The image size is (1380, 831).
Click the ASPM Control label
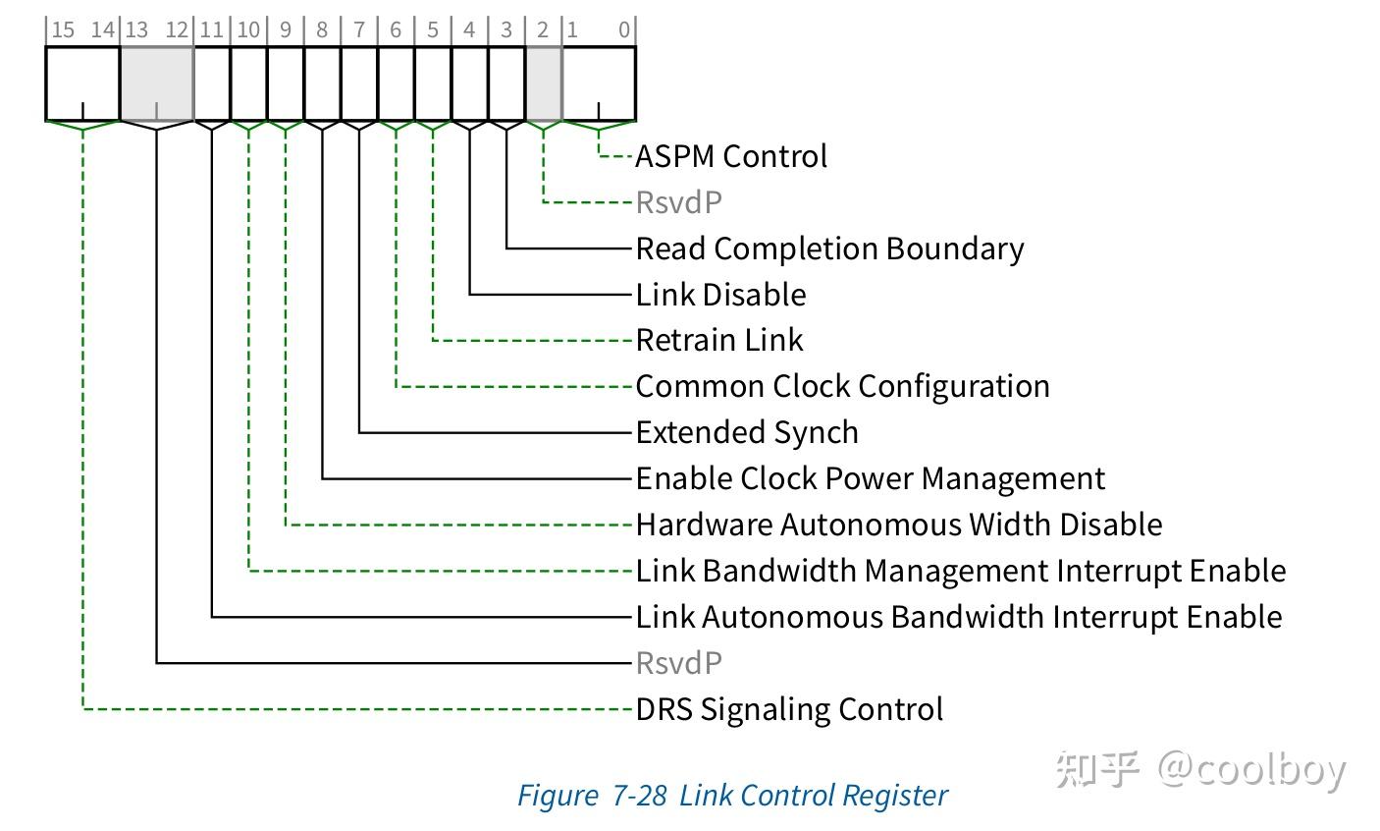(731, 156)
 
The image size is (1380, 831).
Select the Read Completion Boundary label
(829, 249)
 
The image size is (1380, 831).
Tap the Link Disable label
(720, 295)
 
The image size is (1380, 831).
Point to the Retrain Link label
(719, 340)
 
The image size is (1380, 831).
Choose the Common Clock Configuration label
(842, 386)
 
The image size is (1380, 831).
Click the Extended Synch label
(747, 432)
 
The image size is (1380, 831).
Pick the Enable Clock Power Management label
(870, 478)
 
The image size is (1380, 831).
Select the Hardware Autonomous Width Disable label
(898, 525)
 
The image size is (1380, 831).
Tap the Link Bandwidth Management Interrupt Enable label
(960, 571)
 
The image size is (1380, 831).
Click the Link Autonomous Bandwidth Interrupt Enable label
(958, 617)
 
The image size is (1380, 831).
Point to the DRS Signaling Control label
(789, 709)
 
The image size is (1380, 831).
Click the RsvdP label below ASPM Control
(678, 202)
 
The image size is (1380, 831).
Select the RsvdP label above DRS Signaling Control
(678, 663)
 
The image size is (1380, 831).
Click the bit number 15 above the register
(63, 29)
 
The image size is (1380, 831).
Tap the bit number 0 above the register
(623, 29)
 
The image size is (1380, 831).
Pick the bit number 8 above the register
(322, 29)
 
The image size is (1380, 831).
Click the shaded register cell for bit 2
(544, 83)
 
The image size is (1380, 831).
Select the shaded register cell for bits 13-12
(156, 83)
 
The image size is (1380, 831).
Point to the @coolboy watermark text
(1251, 769)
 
